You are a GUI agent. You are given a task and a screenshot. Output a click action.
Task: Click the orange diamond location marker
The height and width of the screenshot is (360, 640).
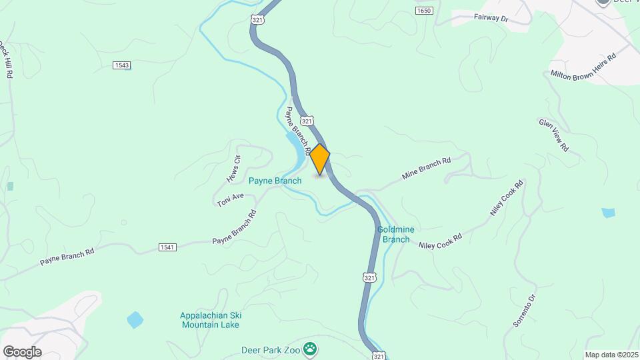[320, 159]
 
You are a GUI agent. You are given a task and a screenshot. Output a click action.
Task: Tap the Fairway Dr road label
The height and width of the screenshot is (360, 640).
[491, 18]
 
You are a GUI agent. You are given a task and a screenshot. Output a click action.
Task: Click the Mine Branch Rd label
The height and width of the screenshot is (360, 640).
[427, 169]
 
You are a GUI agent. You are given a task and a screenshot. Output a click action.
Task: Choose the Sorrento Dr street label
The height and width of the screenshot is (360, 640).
[525, 310]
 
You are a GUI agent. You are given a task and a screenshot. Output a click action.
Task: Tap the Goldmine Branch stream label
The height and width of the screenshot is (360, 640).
[395, 234]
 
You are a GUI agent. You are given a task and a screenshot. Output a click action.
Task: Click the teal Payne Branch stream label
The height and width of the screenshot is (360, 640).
[275, 181]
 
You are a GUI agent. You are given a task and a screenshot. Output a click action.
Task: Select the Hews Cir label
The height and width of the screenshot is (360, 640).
[233, 169]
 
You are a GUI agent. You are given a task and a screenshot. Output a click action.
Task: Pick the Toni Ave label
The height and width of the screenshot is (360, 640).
[231, 200]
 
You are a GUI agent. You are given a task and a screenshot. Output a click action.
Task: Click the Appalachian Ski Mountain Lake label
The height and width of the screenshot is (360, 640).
[210, 320]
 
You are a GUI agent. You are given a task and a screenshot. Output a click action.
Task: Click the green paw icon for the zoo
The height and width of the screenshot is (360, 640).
[310, 348]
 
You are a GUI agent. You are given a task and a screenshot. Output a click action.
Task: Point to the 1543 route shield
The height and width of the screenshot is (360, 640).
[121, 65]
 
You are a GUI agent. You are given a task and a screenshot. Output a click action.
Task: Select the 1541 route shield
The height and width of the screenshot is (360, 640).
[167, 247]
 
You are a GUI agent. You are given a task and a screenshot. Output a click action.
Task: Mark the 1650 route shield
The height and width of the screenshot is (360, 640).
[423, 11]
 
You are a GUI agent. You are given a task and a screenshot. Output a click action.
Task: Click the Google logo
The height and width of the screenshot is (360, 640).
[22, 352]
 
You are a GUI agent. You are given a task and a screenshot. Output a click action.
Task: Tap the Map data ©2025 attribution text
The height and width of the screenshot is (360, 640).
[611, 355]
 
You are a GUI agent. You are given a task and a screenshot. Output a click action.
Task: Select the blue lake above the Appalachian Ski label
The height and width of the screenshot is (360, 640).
[135, 319]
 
